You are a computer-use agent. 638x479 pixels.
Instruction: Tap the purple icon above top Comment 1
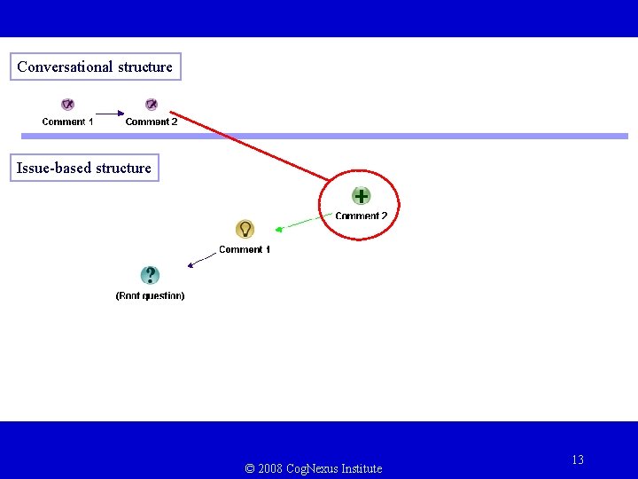(67, 105)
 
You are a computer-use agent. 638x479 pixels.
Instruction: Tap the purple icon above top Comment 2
(152, 105)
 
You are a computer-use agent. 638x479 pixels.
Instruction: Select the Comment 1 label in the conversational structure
(67, 122)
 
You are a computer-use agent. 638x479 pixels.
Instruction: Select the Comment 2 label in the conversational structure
(152, 122)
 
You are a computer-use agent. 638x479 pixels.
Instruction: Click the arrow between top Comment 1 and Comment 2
(109, 114)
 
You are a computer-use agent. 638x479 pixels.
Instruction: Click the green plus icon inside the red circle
(361, 196)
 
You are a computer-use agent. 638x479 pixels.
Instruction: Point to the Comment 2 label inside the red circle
(362, 216)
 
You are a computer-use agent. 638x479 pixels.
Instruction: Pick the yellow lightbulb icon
(245, 229)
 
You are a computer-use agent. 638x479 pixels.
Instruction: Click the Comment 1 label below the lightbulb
(245, 249)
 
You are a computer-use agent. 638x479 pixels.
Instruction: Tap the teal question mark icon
(151, 276)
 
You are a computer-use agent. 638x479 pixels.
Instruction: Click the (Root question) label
(151, 295)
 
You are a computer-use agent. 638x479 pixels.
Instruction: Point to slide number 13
(578, 459)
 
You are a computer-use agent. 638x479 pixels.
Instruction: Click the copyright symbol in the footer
(250, 468)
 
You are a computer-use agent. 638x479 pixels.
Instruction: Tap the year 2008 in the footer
(270, 468)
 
